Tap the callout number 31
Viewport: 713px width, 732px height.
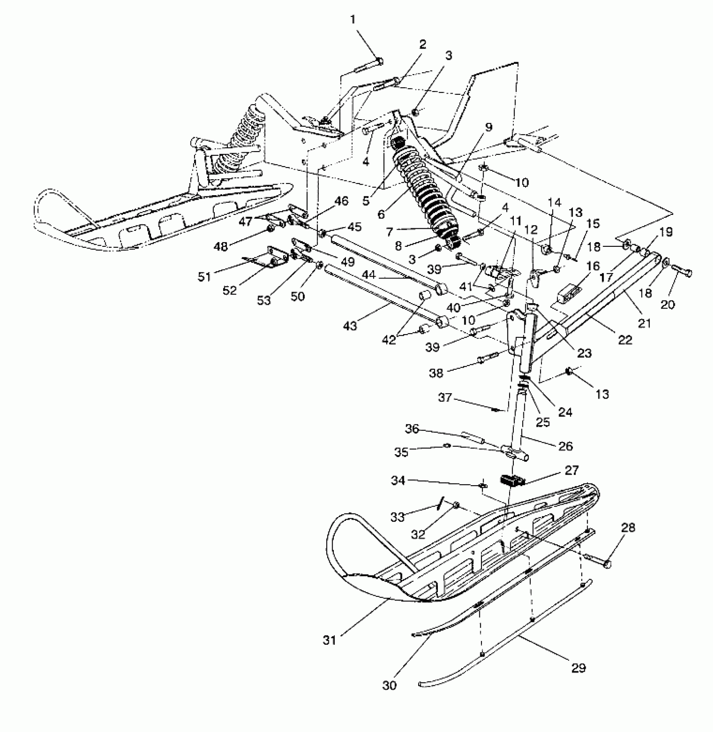[x=330, y=640]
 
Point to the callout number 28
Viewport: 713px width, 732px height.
[x=628, y=528]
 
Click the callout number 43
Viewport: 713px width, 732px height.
[x=350, y=325]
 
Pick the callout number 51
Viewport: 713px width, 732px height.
[x=205, y=277]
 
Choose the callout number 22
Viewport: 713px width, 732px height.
[x=625, y=340]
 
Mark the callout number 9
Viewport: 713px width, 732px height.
[x=489, y=127]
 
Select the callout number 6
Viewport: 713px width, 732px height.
[x=381, y=214]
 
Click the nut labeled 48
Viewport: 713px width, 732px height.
[x=271, y=229]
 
